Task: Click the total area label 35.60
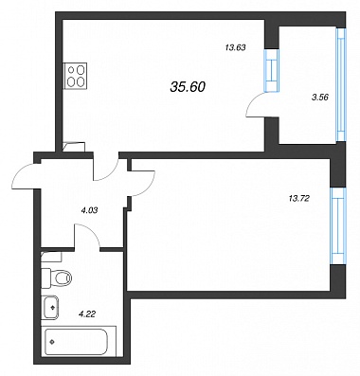tap(188, 87)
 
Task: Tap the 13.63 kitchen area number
tap(236, 48)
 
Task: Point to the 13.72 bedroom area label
tap(298, 198)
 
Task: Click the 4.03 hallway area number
tap(87, 210)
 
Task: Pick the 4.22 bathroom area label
tap(87, 313)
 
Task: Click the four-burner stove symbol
tap(76, 75)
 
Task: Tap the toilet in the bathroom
tap(56, 278)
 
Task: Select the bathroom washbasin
tap(50, 307)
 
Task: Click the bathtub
tap(77, 342)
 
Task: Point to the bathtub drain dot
tap(52, 341)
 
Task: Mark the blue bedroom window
tap(338, 226)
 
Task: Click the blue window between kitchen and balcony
tap(272, 70)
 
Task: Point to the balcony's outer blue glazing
tap(341, 84)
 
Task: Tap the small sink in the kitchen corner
tap(74, 147)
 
